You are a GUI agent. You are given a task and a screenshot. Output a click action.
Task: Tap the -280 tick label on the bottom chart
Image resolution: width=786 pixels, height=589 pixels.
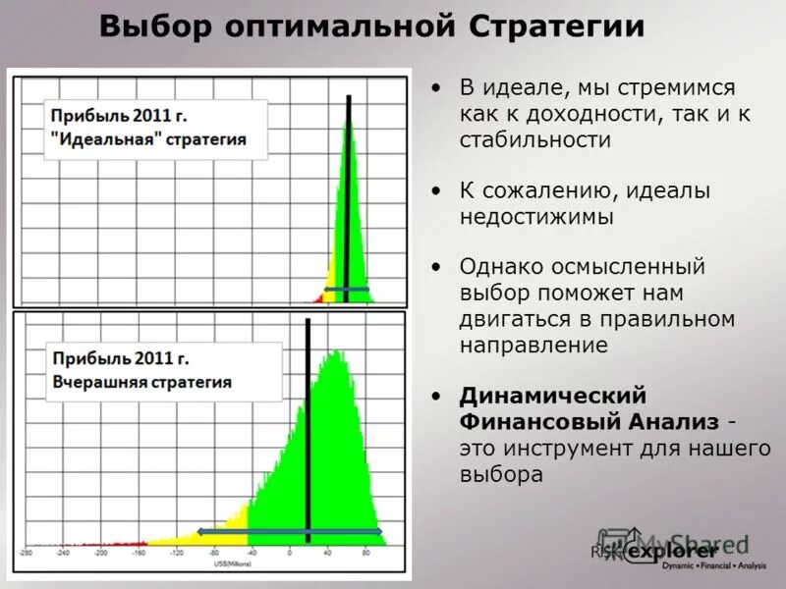pyautogui.click(x=27, y=554)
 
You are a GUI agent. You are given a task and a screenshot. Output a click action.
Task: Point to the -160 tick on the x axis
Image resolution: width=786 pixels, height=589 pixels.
pyautogui.click(x=139, y=554)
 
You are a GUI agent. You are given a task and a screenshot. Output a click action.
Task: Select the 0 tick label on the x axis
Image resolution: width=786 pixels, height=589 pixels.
pyautogui.click(x=290, y=554)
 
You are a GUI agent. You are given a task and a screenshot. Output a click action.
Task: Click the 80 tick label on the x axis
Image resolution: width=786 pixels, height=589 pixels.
pyautogui.click(x=365, y=554)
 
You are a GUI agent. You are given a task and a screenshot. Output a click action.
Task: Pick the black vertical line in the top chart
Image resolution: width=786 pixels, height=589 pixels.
pyautogui.click(x=348, y=196)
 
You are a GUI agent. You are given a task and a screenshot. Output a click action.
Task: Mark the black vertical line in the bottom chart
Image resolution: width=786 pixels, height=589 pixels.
pyautogui.click(x=308, y=432)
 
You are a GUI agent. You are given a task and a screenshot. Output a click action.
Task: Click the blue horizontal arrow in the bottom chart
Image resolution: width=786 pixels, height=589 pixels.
pyautogui.click(x=289, y=531)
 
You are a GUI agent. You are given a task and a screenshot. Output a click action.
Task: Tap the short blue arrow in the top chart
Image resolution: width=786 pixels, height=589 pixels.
pyautogui.click(x=347, y=290)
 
